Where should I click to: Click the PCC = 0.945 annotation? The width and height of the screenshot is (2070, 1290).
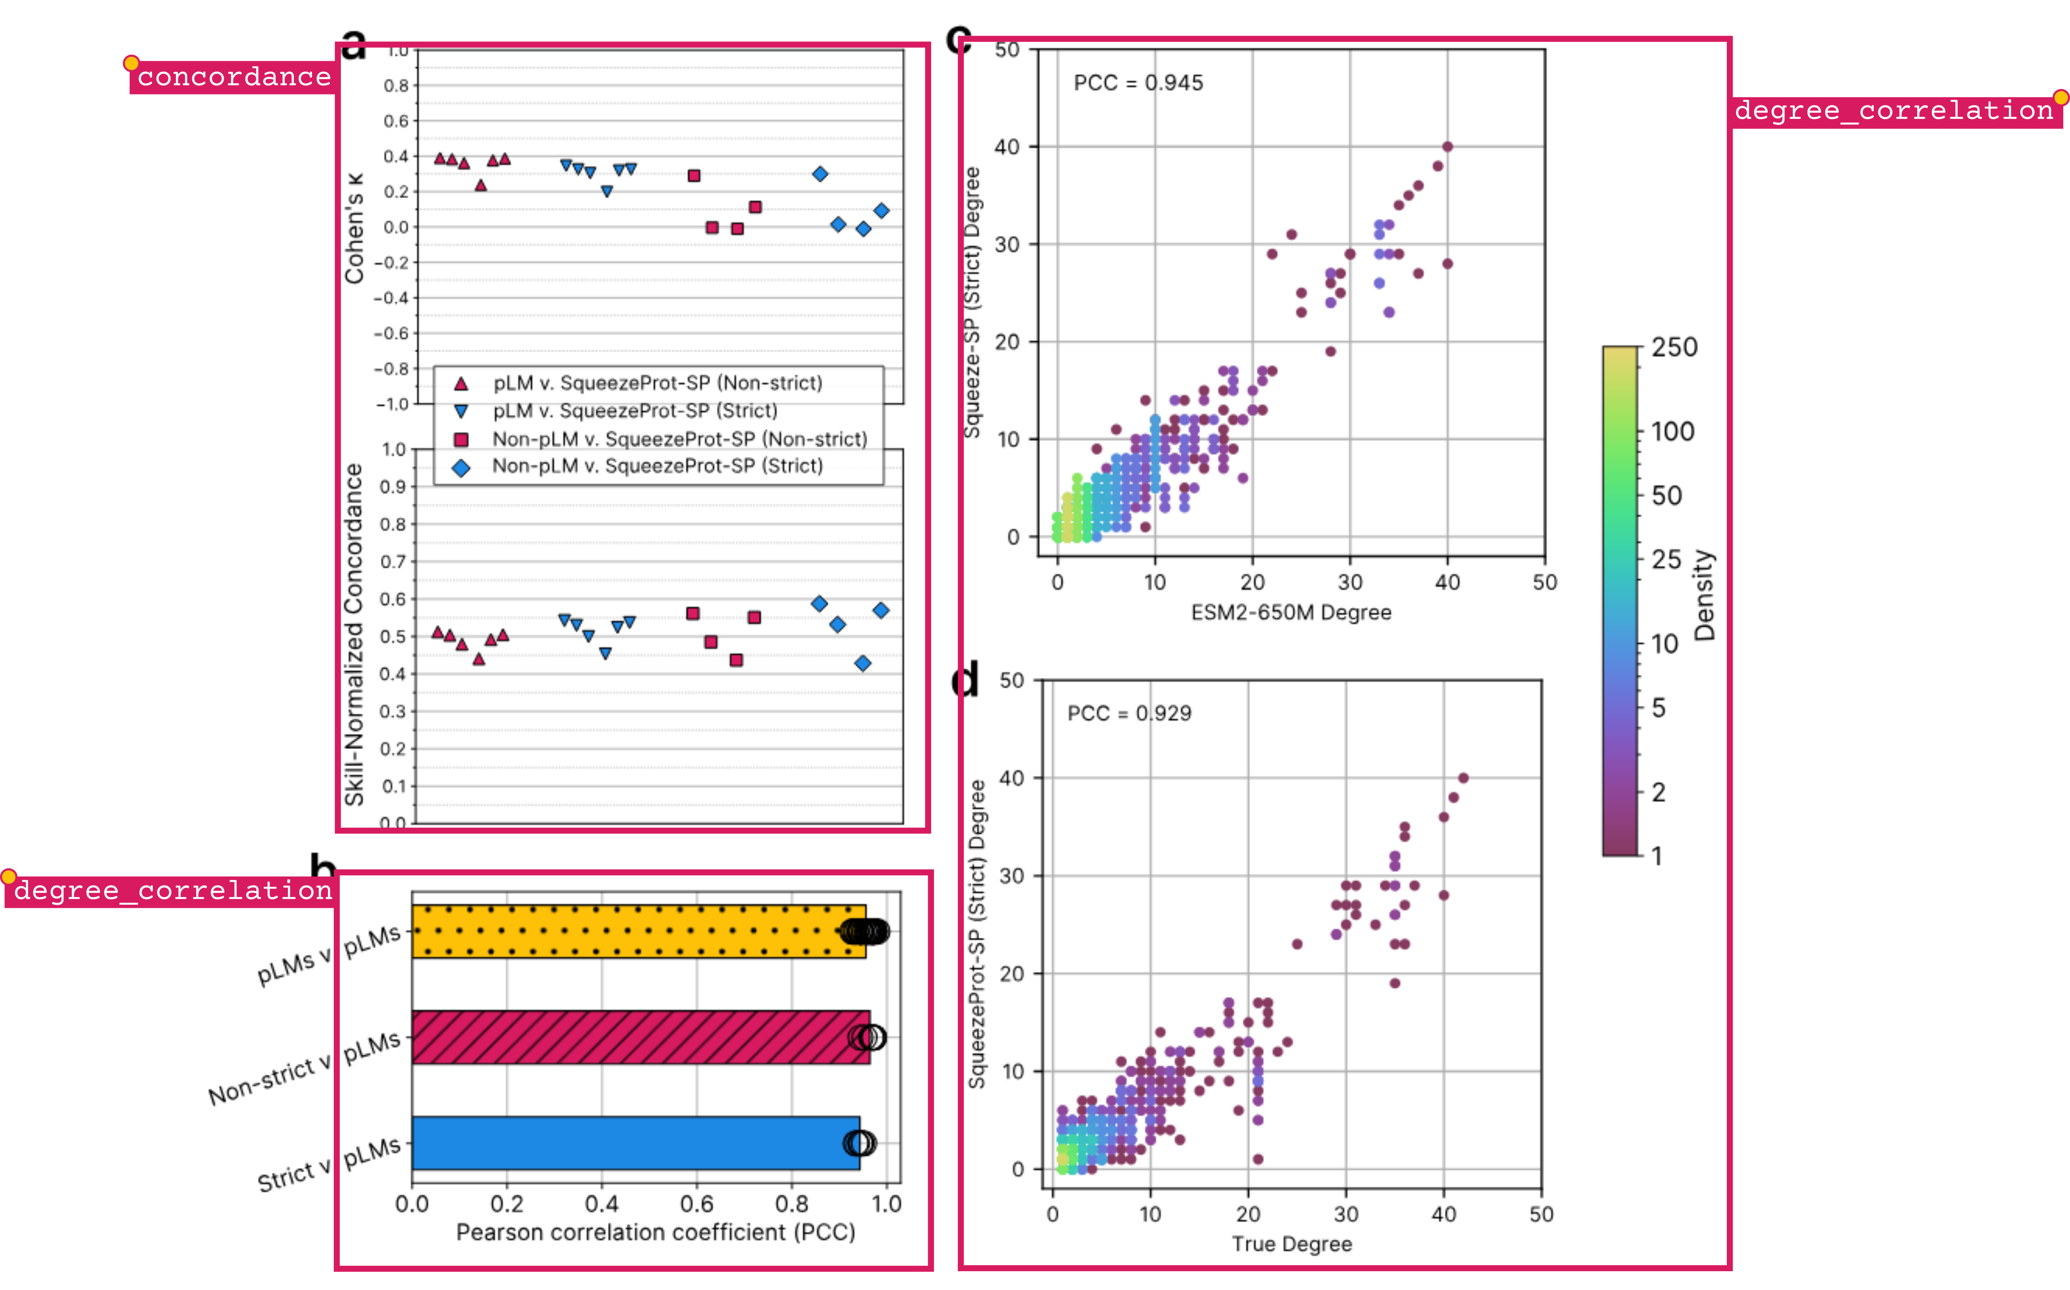click(1138, 83)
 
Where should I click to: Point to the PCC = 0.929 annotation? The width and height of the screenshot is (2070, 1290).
click(1129, 713)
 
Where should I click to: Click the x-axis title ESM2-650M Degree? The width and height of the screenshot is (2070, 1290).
click(1290, 612)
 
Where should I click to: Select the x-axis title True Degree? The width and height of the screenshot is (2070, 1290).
click(1291, 1244)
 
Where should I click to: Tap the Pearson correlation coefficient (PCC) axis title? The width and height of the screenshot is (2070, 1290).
click(655, 1232)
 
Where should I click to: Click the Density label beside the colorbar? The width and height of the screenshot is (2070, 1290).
click(1704, 595)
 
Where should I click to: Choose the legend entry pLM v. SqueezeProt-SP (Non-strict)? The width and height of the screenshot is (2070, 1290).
click(657, 383)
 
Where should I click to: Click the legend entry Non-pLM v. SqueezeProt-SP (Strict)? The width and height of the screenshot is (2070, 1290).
click(657, 466)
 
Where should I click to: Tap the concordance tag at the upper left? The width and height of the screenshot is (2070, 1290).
click(234, 77)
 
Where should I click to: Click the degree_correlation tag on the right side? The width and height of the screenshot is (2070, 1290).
click(1893, 111)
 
